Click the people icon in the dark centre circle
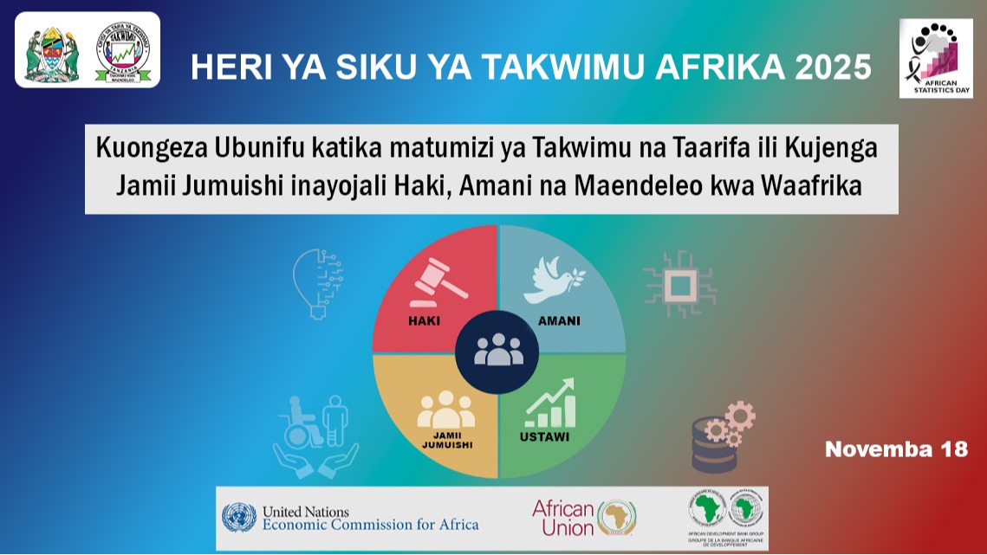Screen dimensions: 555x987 [498, 349]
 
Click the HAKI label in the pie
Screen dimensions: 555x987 [424, 321]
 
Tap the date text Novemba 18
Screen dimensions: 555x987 [895, 449]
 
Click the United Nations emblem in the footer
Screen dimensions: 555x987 [239, 518]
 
